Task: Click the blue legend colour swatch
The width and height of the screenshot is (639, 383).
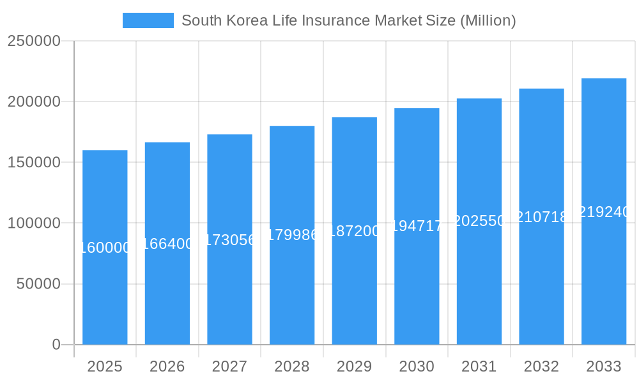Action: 148,20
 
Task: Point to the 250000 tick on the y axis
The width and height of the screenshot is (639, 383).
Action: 34,41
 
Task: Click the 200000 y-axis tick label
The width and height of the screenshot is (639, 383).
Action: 34,101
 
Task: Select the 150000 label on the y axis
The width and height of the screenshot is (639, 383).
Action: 34,162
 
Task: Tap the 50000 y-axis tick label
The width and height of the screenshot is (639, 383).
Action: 38,284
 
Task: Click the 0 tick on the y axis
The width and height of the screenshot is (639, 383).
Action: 56,345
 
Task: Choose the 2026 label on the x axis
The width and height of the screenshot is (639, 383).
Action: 167,366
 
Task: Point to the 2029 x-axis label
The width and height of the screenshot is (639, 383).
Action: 355,366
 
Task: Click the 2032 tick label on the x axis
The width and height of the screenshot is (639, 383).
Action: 541,366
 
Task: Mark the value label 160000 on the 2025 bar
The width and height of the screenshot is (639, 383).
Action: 105,248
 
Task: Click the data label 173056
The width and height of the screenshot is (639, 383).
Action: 229,240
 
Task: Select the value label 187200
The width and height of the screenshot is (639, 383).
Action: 355,231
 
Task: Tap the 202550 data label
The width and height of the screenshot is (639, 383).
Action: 479,221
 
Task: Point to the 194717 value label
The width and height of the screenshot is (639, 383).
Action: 417,226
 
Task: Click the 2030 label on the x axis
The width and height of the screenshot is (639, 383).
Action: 417,366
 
